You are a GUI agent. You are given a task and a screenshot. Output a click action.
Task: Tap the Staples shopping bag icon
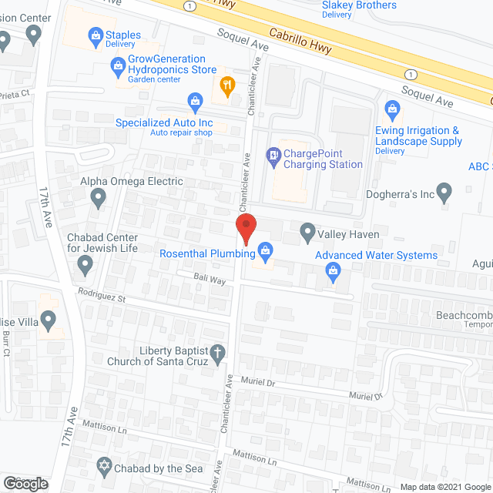[96, 34]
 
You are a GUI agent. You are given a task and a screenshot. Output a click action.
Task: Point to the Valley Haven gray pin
[307, 231]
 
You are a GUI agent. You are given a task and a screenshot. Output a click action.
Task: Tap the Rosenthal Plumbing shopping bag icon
[266, 250]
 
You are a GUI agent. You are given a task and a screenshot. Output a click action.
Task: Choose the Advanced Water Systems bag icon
[333, 270]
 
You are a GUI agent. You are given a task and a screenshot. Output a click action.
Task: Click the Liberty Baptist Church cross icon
[218, 353]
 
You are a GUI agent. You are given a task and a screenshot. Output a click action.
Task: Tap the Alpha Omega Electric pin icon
[98, 199]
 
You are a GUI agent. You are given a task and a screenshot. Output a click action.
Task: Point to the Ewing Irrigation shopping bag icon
[393, 111]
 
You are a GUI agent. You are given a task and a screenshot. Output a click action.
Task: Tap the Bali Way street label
[210, 281]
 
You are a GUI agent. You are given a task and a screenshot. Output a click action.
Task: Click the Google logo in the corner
[25, 483]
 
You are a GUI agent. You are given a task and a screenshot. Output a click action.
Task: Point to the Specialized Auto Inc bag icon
[195, 100]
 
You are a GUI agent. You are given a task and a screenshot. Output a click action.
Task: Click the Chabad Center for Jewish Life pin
[85, 267]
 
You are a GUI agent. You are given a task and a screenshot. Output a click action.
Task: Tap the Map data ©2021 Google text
[445, 487]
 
